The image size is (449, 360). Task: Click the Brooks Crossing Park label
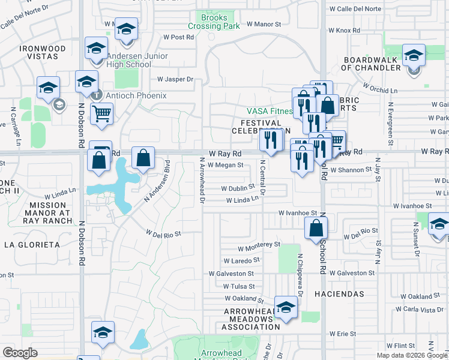click(x=214, y=22)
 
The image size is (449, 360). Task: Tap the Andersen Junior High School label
click(x=137, y=61)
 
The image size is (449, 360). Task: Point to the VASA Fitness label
click(x=270, y=111)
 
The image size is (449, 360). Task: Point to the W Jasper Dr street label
click(x=175, y=79)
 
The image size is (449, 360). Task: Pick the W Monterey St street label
click(x=259, y=245)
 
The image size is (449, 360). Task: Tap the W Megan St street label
click(x=224, y=165)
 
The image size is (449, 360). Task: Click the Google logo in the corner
click(x=19, y=353)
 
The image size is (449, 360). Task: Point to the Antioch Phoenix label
click(x=136, y=95)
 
